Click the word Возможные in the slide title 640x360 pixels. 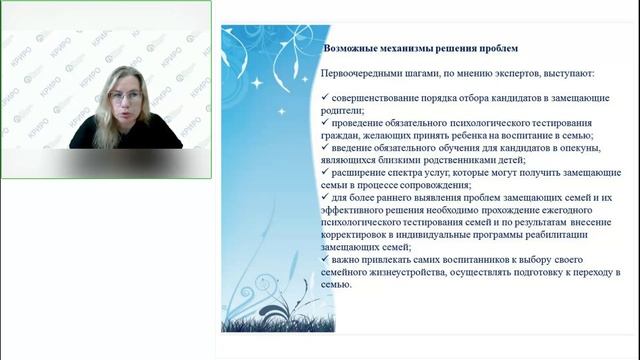tap(353, 48)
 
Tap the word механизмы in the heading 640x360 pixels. tap(413, 48)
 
